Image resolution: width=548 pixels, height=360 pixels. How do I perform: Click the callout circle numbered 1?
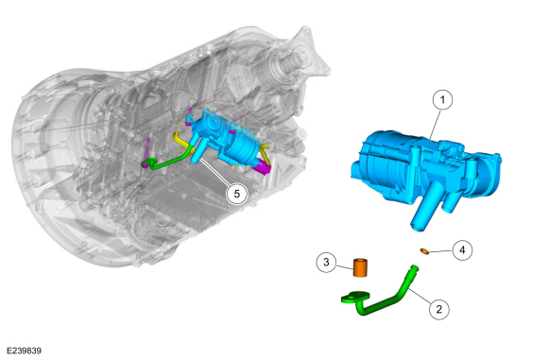pyautogui.click(x=442, y=100)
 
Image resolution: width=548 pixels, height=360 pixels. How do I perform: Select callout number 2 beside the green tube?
pyautogui.click(x=439, y=309)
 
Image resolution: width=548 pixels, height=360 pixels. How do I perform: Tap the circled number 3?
pyautogui.click(x=326, y=262)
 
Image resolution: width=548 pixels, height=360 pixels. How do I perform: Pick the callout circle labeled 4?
pyautogui.click(x=462, y=249)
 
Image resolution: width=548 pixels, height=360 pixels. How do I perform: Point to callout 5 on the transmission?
pyautogui.click(x=237, y=194)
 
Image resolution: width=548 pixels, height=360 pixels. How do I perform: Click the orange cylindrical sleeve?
pyautogui.click(x=360, y=267)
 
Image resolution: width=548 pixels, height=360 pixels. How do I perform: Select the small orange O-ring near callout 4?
pyautogui.click(x=424, y=251)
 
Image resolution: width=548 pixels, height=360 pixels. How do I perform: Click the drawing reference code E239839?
pyautogui.click(x=25, y=351)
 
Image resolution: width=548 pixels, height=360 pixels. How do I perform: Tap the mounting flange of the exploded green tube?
pyautogui.click(x=355, y=297)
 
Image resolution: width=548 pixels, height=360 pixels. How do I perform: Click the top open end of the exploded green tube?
pyautogui.click(x=414, y=267)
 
